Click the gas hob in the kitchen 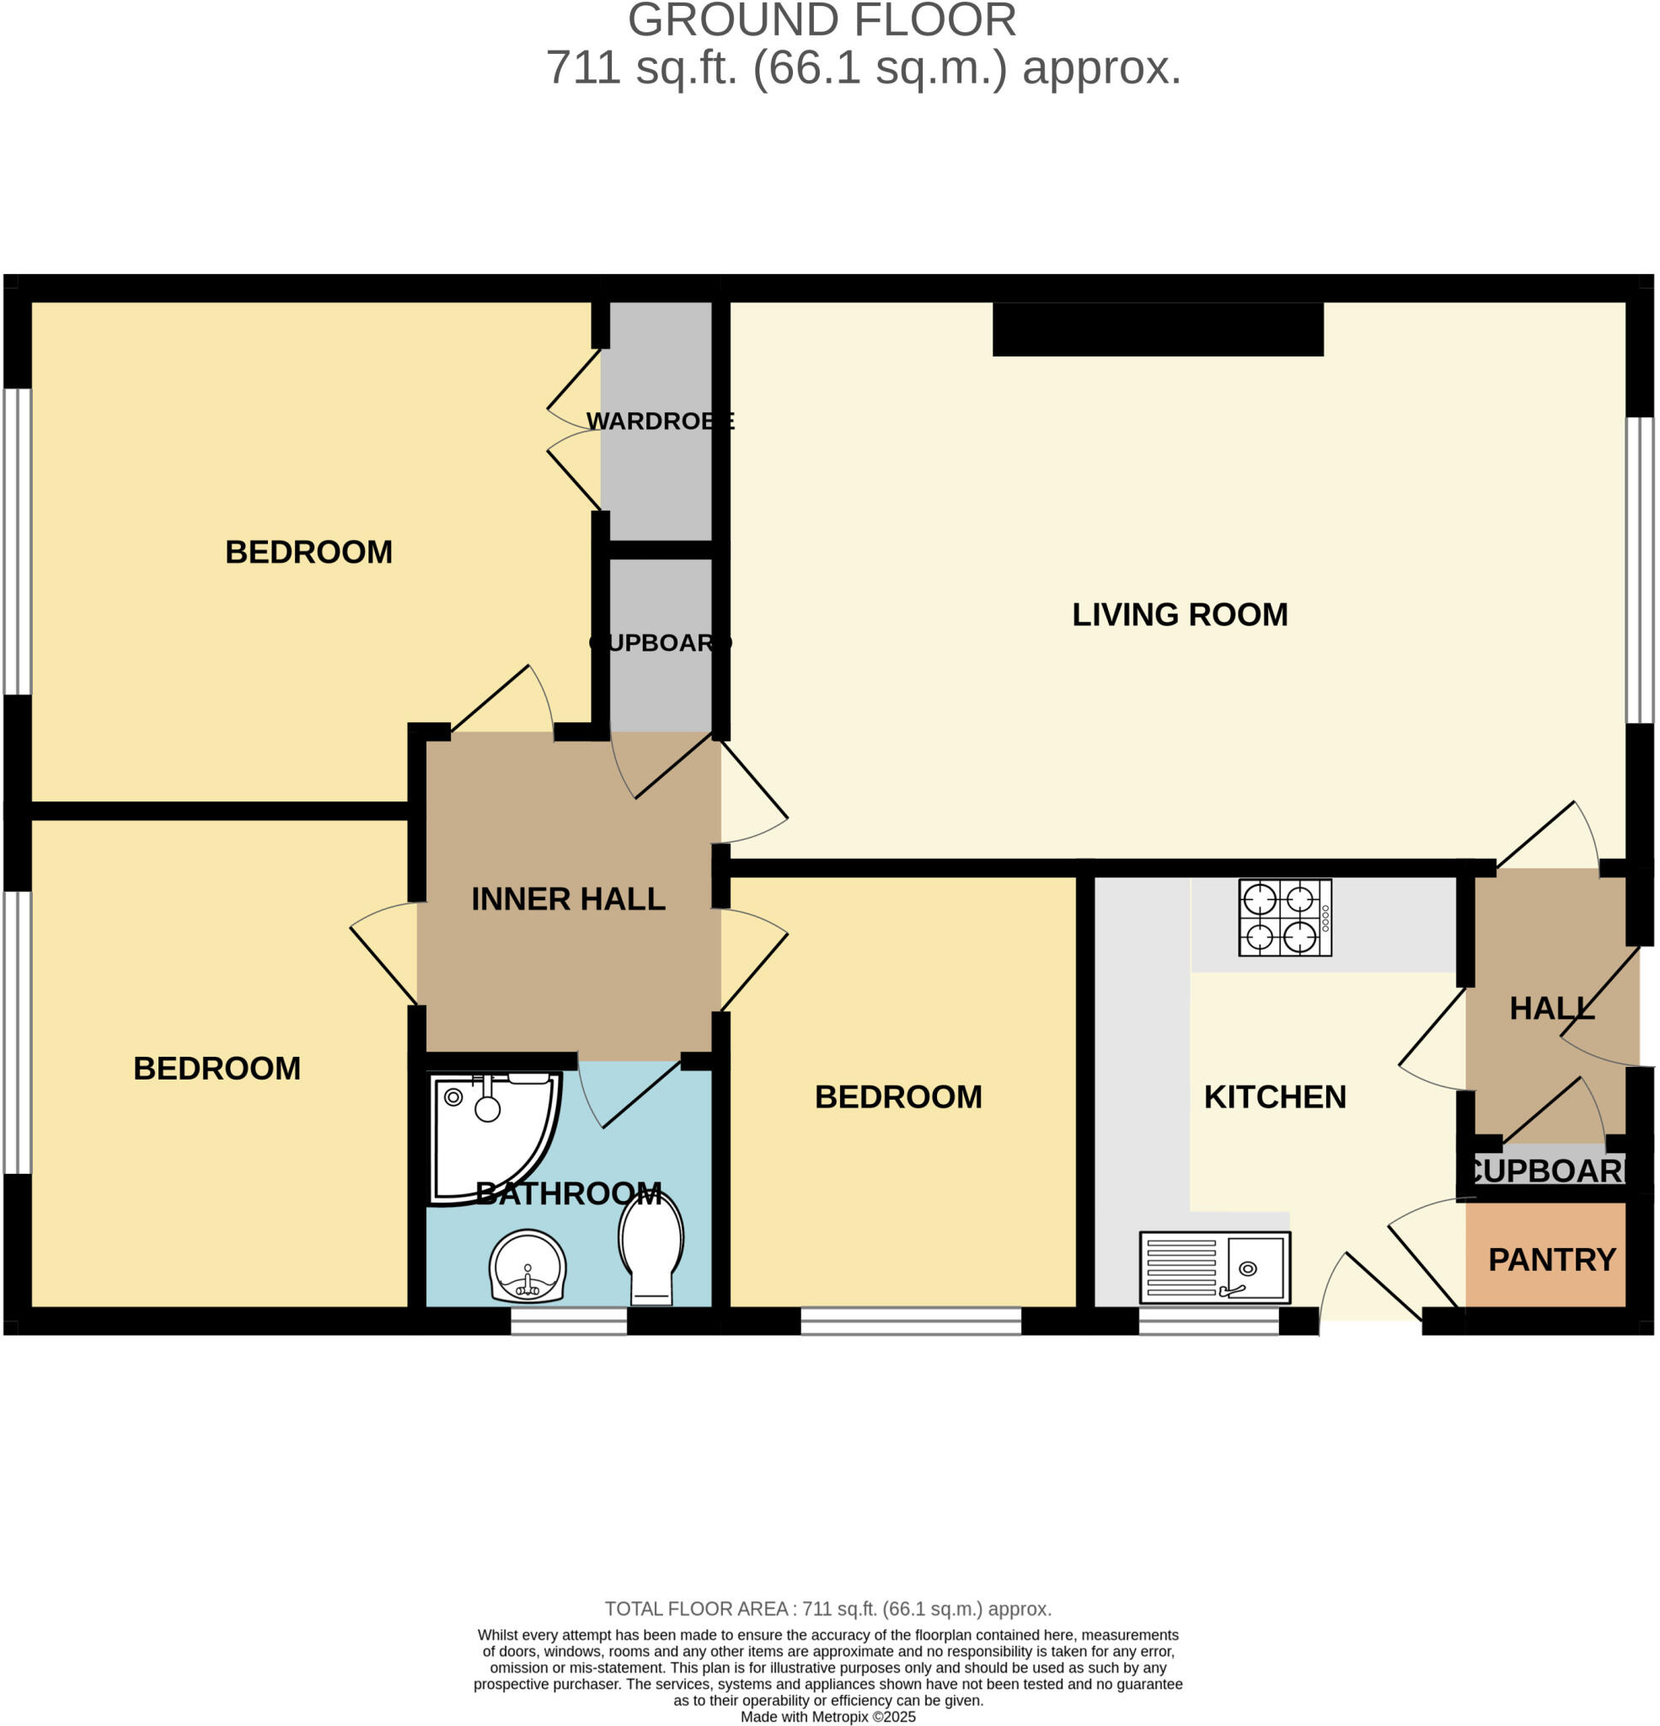point(1284,918)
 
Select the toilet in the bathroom point(651,1247)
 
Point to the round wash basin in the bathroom point(527,1268)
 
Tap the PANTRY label point(1550,1260)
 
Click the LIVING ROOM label point(1179,614)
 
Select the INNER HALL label point(568,899)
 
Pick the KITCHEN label point(1274,1097)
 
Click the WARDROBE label point(660,421)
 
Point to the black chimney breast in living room point(1157,330)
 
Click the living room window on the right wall point(1639,570)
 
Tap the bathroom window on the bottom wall point(569,1321)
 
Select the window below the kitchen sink point(1208,1321)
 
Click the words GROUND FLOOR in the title point(822,20)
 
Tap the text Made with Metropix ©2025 point(827,1717)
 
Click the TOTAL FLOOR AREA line point(827,1609)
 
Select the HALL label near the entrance point(1551,1008)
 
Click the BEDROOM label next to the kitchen point(897,1097)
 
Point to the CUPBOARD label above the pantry point(1547,1171)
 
